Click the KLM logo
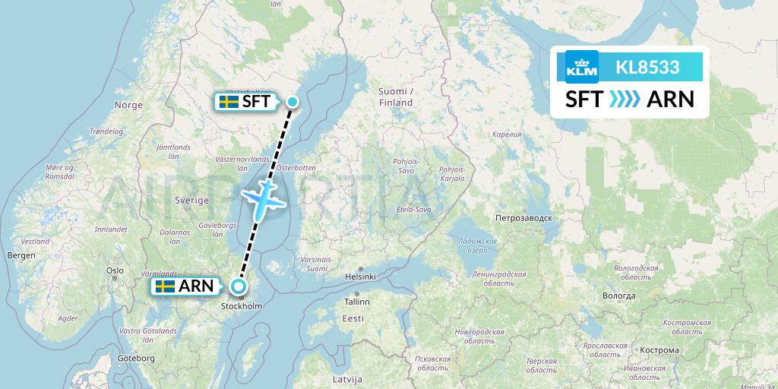(582, 67)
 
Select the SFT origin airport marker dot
(293, 102)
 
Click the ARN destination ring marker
(239, 286)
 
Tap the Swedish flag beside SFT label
(229, 102)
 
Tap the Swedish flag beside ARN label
(165, 286)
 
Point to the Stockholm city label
(241, 306)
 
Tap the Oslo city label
(115, 270)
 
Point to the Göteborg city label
(137, 358)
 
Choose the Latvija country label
(348, 378)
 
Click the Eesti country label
(353, 319)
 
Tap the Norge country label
(128, 105)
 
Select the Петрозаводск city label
(523, 217)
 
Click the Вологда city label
(617, 295)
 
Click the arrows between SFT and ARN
(625, 100)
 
